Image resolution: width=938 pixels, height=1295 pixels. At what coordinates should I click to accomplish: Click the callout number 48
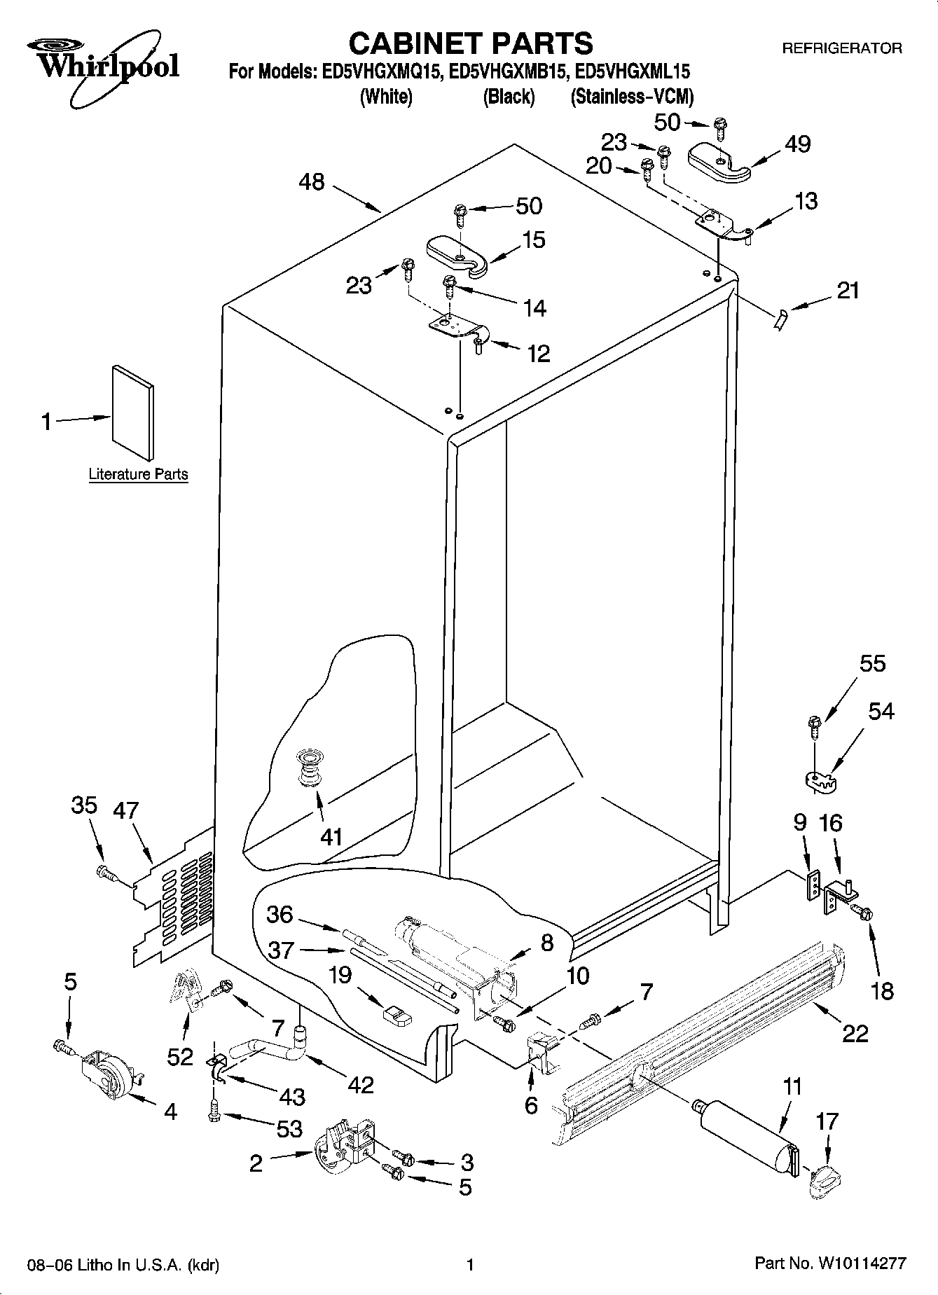pos(312,182)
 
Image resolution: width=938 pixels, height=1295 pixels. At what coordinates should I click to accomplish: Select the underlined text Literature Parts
pos(138,474)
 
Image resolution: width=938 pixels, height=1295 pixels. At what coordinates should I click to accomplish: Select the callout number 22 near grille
pos(855,1032)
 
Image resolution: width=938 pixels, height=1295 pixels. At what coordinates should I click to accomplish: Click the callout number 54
pos(881,711)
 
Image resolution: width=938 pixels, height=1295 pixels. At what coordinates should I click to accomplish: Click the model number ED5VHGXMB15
pos(506,71)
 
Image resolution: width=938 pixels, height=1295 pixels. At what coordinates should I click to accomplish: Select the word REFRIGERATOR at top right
pos(841,48)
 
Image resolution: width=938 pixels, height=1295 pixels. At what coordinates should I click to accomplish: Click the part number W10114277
pos(859,1264)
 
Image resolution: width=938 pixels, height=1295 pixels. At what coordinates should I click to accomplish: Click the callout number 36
pos(280,914)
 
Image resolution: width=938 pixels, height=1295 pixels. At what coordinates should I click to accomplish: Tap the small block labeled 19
pos(397,1016)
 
